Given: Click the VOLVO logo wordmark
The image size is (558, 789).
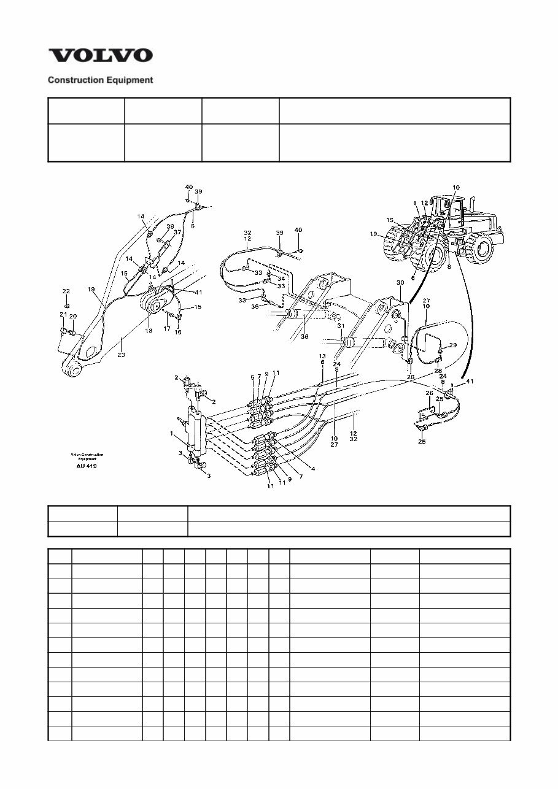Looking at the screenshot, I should [x=101, y=56].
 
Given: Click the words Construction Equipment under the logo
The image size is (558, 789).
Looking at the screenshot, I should [x=101, y=80].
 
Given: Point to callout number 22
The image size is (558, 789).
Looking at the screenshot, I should [x=66, y=291].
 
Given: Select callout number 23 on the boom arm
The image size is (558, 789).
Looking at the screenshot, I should [x=121, y=355].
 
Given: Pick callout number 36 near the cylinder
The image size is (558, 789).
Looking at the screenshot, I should [x=304, y=337].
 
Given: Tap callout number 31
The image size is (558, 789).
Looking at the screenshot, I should [x=341, y=326].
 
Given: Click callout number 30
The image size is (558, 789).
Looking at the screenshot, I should [x=400, y=283].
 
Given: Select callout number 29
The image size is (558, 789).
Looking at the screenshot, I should [x=453, y=345].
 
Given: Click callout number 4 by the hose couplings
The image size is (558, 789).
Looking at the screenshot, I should [x=313, y=469].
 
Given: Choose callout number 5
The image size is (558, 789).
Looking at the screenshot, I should [x=252, y=377].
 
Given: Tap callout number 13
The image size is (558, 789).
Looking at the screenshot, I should [x=322, y=356].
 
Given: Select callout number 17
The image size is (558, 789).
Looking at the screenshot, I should [x=166, y=329].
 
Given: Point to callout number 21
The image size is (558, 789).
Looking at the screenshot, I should [x=63, y=315].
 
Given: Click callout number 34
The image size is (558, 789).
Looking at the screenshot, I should [x=282, y=279].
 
